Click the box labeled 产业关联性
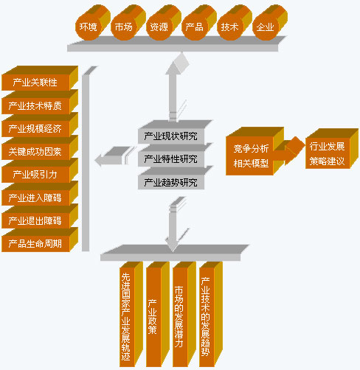coord(39,79)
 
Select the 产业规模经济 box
coord(39,125)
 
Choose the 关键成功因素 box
coord(39,148)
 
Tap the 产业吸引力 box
coord(39,171)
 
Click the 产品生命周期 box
coord(39,240)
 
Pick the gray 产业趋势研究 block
coord(175,179)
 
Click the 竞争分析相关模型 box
coord(255,152)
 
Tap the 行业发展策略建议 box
coord(331,149)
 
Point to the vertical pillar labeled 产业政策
coord(157,315)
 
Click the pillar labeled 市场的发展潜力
coord(184,315)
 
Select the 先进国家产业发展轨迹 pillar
coord(131,315)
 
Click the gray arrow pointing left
coord(114,156)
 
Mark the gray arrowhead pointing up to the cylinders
coord(178,63)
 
